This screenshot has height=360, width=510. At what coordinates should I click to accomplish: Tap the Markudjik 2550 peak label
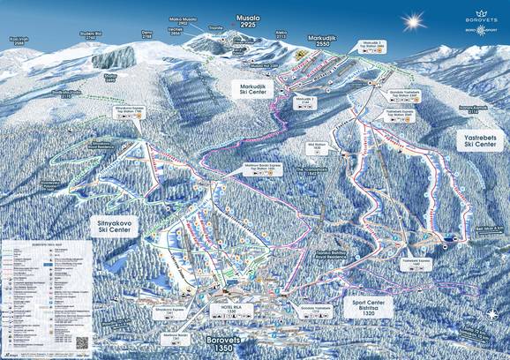point(323,41)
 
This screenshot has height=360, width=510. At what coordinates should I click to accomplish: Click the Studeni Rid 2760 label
point(93,36)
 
